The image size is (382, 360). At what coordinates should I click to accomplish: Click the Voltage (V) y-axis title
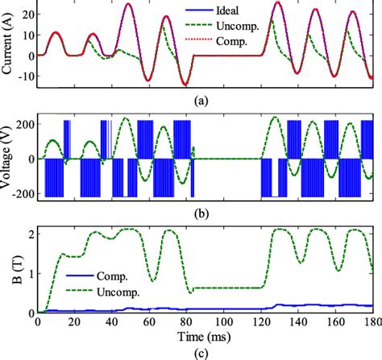pos(7,159)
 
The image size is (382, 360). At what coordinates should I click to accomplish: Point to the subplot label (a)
pos(205,102)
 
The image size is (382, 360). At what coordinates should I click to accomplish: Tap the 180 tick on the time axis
pos(372,322)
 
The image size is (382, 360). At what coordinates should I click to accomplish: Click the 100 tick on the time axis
pos(224,322)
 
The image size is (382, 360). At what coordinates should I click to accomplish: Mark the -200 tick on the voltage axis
pos(21,195)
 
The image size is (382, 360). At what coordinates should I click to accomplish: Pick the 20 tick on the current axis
pos(26,14)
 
